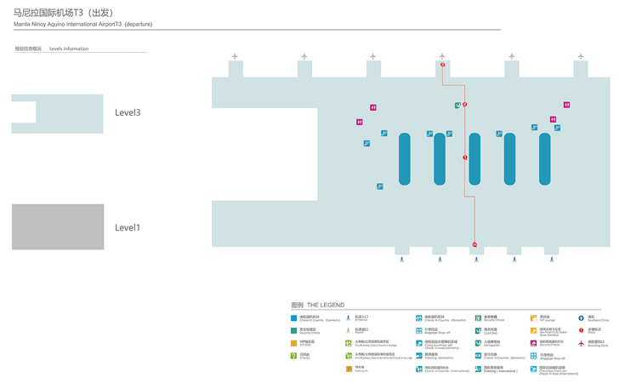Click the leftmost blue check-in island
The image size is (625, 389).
(404, 158)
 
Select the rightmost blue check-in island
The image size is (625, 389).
(544, 158)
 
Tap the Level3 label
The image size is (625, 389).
(128, 112)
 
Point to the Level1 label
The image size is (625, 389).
(128, 227)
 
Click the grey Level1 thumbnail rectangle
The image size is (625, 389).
(58, 226)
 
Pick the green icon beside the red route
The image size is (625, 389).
(457, 106)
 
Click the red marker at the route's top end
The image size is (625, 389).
(442, 65)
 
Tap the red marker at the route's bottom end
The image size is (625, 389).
(474, 244)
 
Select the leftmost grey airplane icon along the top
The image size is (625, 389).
(235, 56)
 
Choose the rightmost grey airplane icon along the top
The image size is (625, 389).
(581, 56)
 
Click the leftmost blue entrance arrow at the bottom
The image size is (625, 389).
(402, 259)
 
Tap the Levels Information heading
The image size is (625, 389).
(69, 49)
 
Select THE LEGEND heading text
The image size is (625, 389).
(326, 305)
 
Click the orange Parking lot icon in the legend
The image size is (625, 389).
(349, 369)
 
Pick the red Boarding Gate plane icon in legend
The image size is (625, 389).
(582, 344)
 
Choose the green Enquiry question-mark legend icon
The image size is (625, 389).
(294, 356)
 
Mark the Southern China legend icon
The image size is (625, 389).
(582, 318)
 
